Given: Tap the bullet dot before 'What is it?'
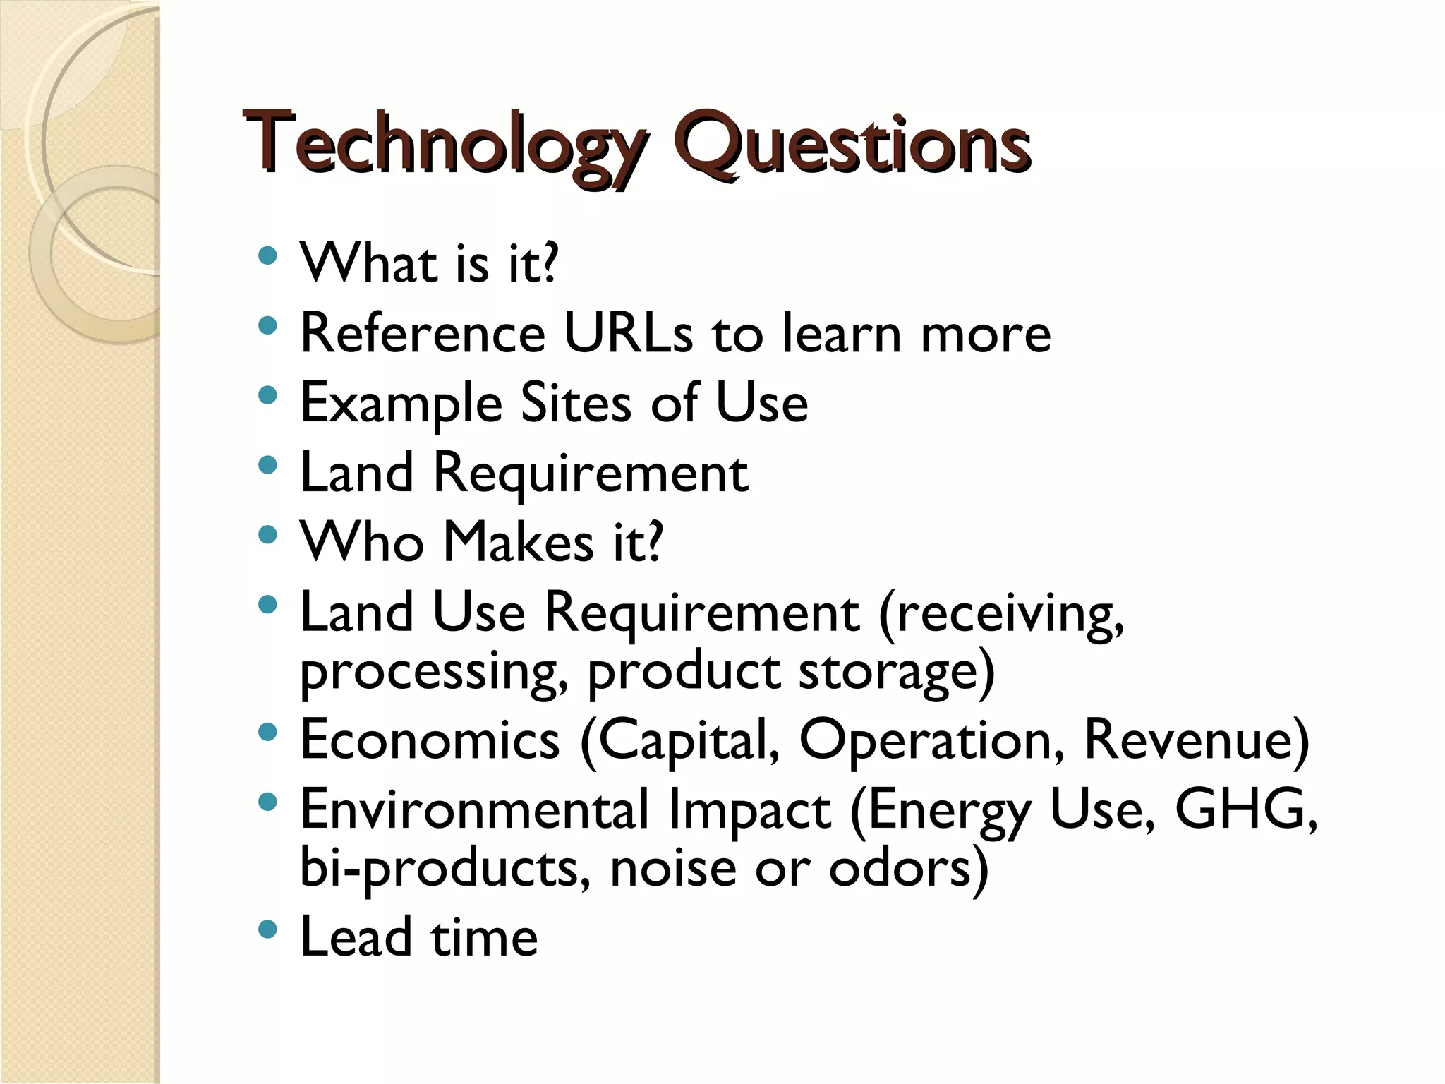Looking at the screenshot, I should point(267,255).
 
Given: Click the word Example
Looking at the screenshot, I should point(401,403).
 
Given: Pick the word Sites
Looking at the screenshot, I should point(576,402).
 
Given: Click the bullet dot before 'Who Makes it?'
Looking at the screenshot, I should point(267,534).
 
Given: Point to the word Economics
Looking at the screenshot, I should point(430,739).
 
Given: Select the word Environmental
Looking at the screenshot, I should point(474,809).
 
